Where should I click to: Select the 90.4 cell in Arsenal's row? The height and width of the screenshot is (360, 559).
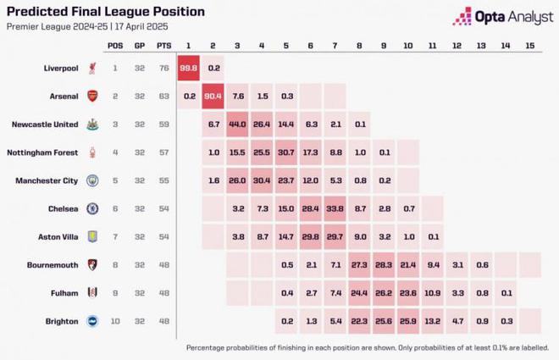point(213,97)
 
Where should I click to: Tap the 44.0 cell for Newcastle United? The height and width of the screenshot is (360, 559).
point(237,125)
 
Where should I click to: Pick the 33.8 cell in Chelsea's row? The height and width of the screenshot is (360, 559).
point(335,208)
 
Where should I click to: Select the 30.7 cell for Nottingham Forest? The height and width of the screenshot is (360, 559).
point(285,152)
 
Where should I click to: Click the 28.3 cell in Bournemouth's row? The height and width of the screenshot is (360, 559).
point(383,263)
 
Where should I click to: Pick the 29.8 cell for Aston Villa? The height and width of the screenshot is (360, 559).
point(310,235)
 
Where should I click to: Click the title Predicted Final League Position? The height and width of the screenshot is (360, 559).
point(105,12)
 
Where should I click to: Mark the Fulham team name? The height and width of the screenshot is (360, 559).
point(62,291)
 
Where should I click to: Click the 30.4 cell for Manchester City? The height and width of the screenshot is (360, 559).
point(262,180)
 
